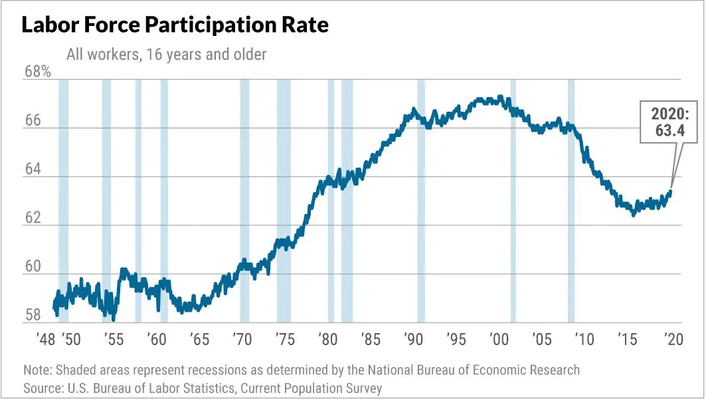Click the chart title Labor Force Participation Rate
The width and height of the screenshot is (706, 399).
click(175, 25)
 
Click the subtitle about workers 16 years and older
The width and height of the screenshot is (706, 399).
click(166, 55)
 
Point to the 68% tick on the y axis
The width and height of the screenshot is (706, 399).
click(37, 72)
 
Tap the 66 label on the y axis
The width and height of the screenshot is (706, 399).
click(33, 121)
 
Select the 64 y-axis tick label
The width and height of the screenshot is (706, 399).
click(33, 170)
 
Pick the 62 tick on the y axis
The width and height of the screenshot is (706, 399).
click(33, 218)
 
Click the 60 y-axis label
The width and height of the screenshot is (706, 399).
click(33, 267)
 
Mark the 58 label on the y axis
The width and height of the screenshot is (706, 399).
click(33, 315)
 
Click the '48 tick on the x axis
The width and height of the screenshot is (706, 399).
click(44, 339)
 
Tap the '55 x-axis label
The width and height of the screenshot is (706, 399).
click(114, 339)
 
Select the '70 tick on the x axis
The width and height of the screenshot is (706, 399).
click(242, 339)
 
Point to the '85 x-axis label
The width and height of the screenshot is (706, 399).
click(371, 339)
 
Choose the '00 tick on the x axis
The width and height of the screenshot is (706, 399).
click(499, 339)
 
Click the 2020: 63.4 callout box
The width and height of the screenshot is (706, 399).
click(669, 122)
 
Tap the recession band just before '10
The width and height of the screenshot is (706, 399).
click(571, 199)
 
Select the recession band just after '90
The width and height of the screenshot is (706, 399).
click(421, 199)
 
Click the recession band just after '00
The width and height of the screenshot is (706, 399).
click(513, 199)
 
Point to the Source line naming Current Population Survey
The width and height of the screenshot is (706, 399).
click(203, 388)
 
